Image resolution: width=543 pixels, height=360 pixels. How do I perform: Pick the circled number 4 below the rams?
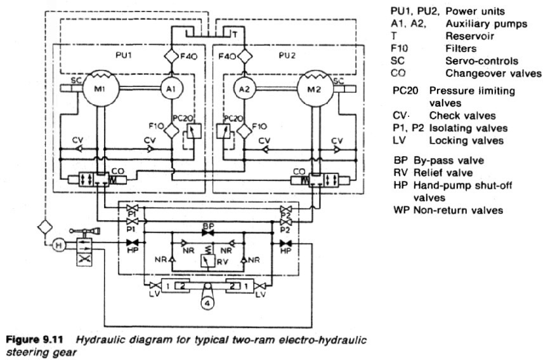[207, 302]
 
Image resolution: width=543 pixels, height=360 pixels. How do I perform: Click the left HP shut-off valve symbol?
[133, 244]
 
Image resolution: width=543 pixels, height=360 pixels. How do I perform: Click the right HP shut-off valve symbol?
[286, 244]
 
